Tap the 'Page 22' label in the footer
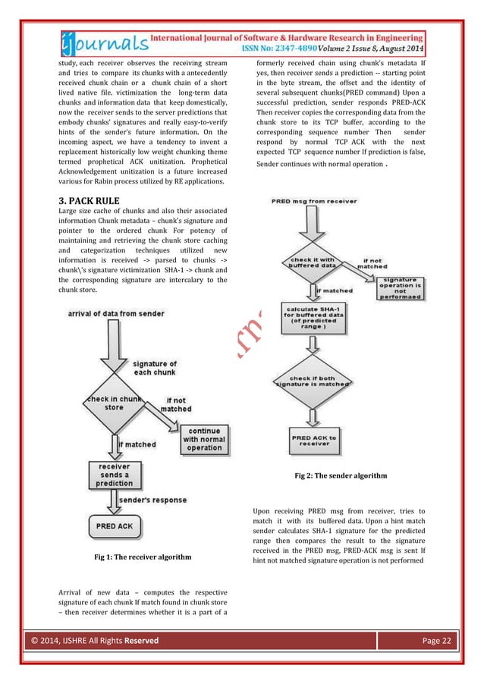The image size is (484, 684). click(435, 641)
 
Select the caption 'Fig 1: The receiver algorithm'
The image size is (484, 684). click(141, 557)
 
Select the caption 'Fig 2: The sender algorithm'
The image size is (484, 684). click(341, 475)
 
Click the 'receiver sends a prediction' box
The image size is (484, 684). click(114, 475)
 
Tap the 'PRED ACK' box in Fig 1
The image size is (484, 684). click(114, 526)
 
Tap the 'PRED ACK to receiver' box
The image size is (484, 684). click(310, 439)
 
